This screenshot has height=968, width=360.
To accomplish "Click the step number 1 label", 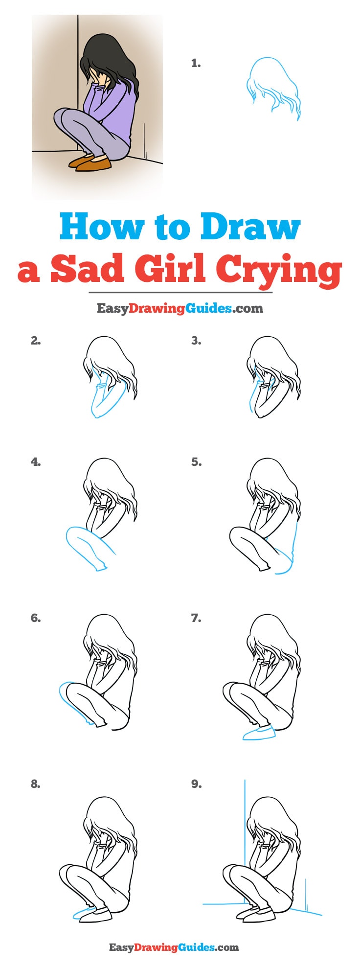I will coord(196,63).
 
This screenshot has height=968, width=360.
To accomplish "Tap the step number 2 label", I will coord(35,341).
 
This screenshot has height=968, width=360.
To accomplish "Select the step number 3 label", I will coord(196,341).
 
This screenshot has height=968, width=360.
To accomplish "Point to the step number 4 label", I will coord(35,461).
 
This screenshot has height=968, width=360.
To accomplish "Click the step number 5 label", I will coord(196,461).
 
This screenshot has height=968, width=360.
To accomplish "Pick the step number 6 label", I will coord(35,618).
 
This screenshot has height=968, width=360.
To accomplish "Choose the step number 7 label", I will coord(196,618).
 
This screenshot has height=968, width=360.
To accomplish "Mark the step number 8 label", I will coord(35,784).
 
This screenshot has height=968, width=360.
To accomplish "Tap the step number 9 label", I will coord(196,784).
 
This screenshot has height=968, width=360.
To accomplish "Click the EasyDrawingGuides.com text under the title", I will coord(180,308).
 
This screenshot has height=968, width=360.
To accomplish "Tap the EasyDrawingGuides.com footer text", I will coord(174,947).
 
